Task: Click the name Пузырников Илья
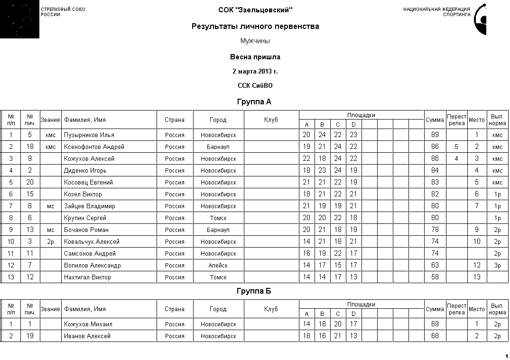[89, 135]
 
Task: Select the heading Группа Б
[254, 291]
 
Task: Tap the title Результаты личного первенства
[255, 27]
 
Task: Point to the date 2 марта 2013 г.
[255, 72]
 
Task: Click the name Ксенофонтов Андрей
[94, 147]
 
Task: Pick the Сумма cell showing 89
[435, 135]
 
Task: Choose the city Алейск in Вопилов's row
[218, 266]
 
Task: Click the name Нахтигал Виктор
[87, 277]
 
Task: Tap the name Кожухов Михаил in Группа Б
[88, 324]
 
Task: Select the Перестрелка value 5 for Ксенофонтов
[456, 147]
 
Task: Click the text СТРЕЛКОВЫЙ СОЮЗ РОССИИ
[63, 12]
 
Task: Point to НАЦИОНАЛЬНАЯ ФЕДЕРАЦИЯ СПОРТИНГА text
[436, 12]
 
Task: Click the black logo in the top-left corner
[19, 19]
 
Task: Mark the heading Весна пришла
[255, 57]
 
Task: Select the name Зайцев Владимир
[90, 206]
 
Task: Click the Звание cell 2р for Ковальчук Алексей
[50, 242]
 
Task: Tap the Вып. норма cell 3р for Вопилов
[497, 266]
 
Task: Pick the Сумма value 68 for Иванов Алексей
[435, 336]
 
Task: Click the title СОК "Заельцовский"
[255, 10]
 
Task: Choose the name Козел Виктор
[83, 194]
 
